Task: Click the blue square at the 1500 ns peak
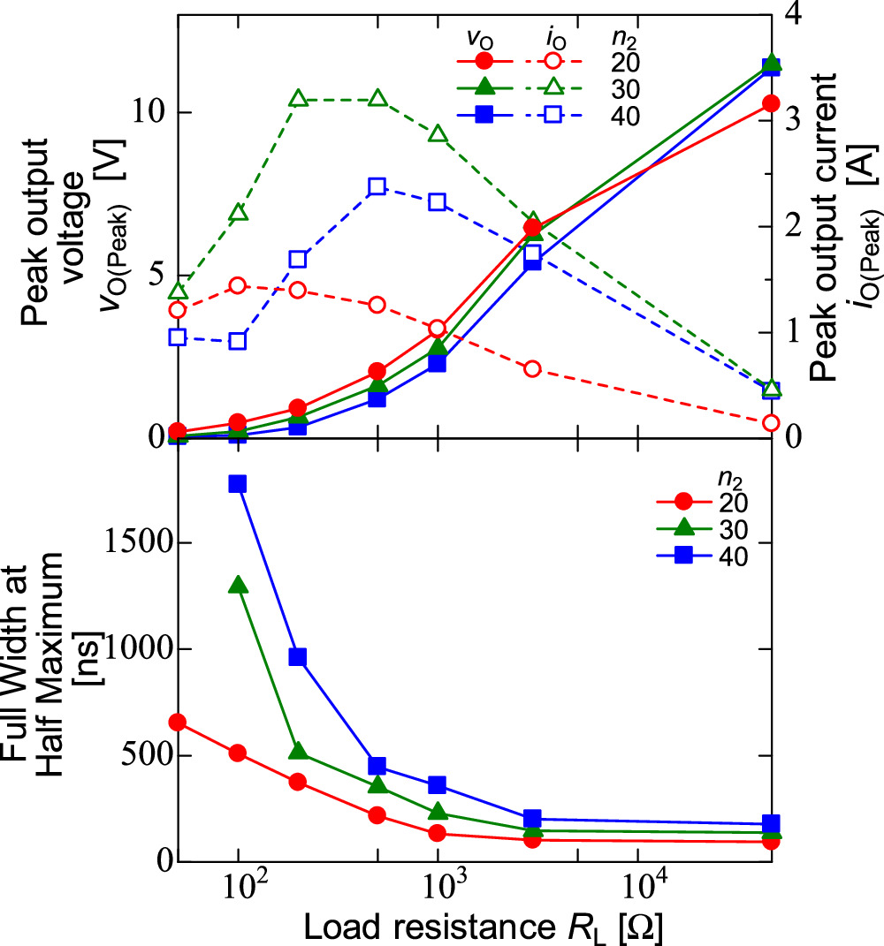point(237,484)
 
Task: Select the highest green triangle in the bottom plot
point(237,585)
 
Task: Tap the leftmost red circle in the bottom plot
point(178,722)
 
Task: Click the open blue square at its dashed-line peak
point(377,186)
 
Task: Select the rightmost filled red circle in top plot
point(771,103)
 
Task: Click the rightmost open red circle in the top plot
point(771,423)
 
